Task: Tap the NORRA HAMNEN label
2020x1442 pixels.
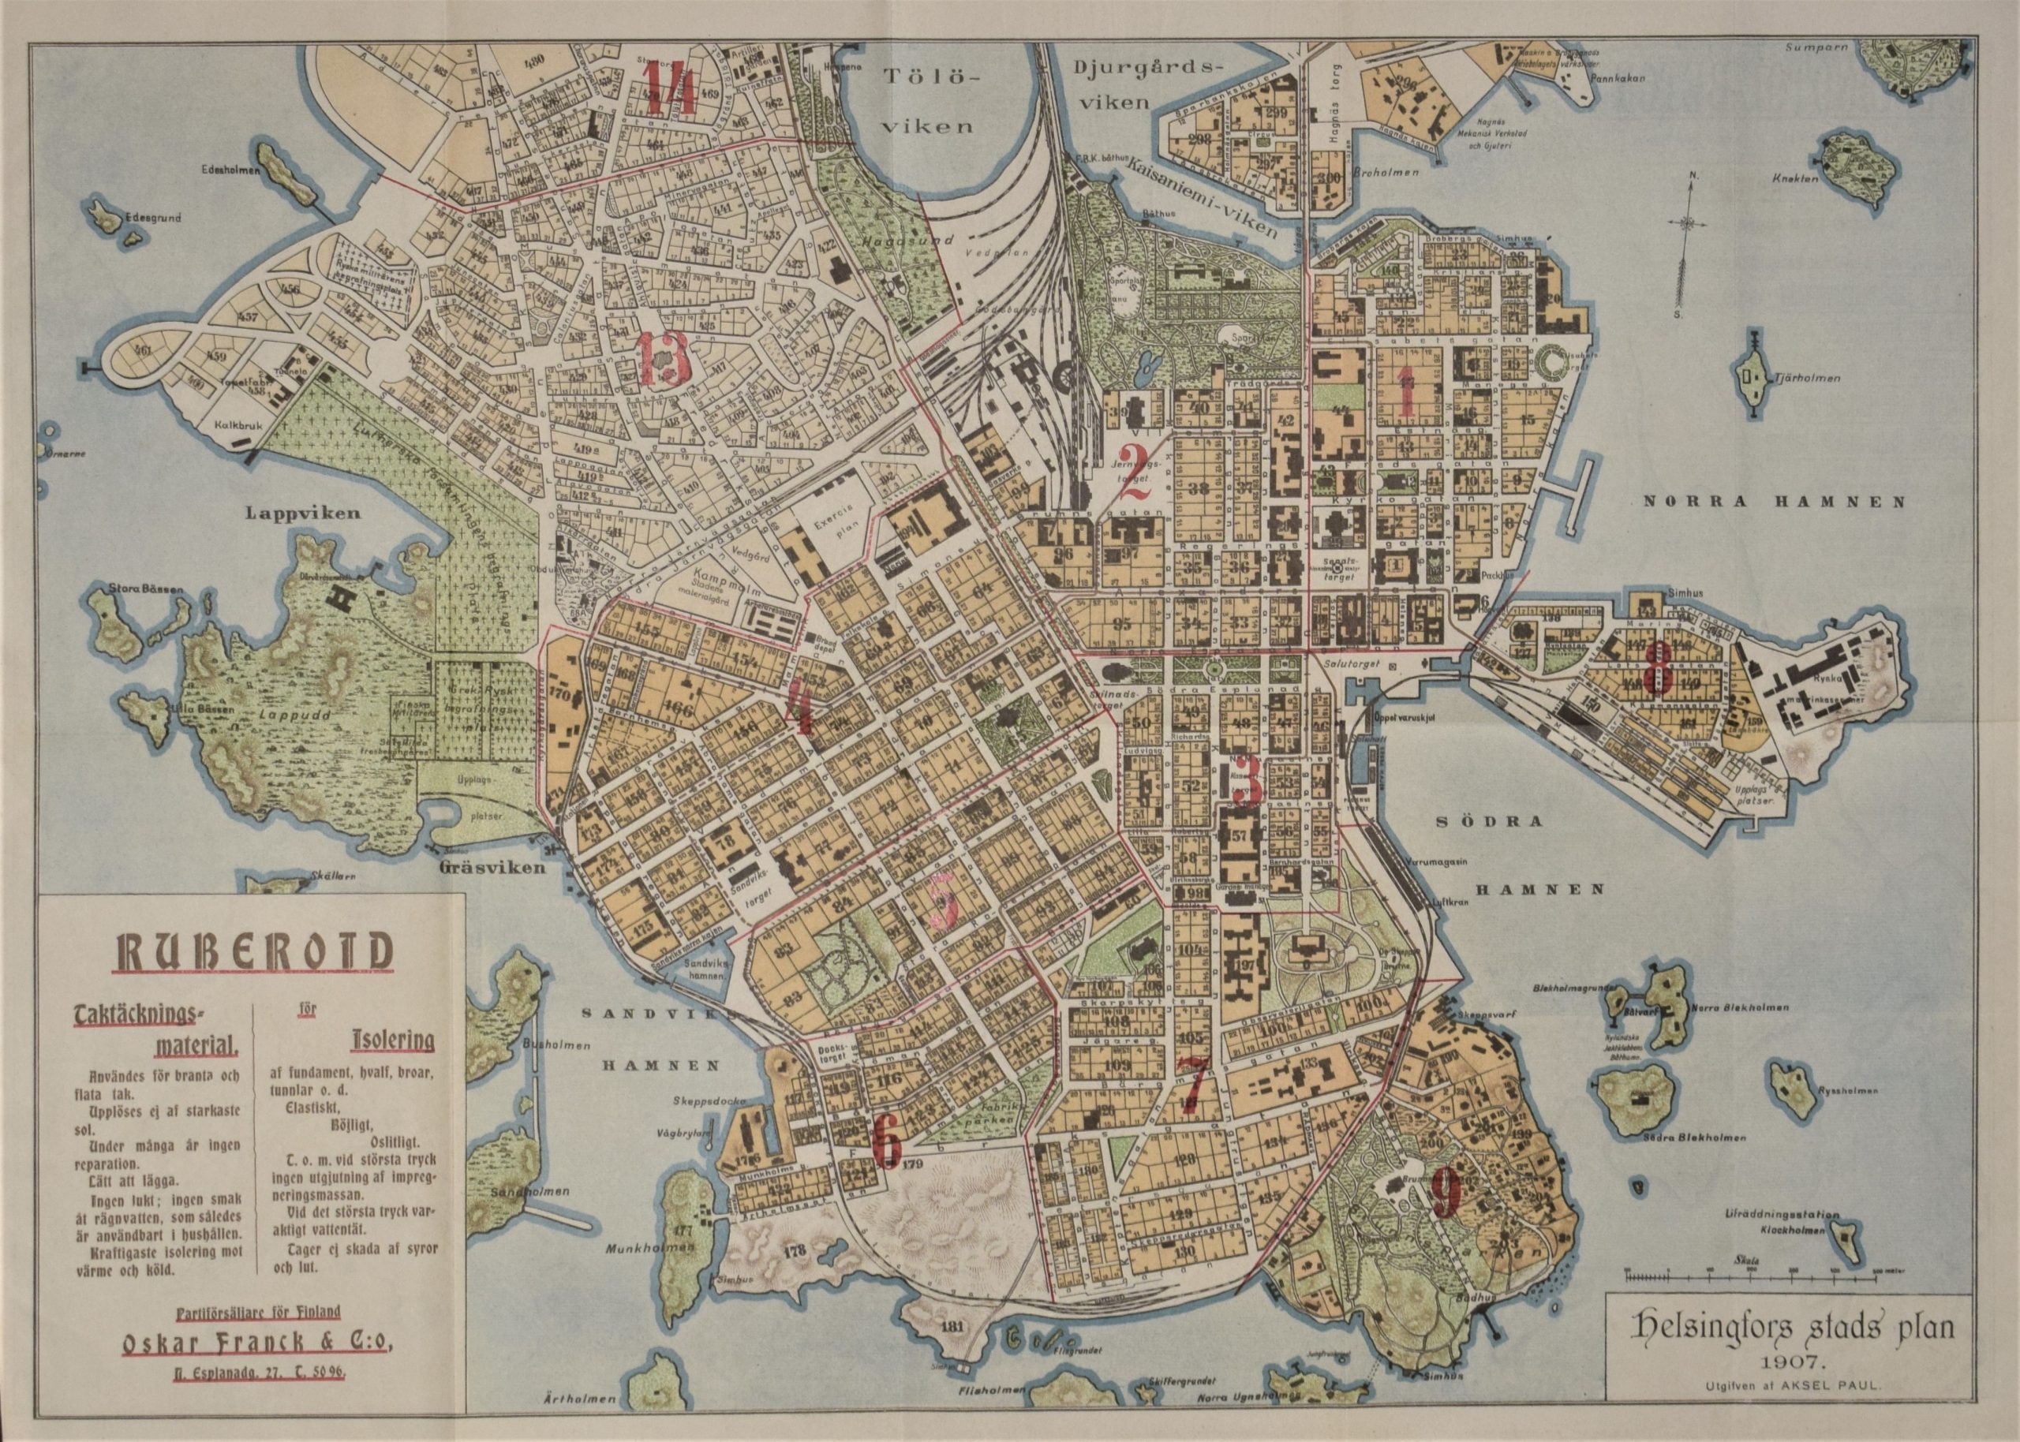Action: point(1774,502)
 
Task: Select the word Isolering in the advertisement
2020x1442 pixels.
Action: point(387,1040)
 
